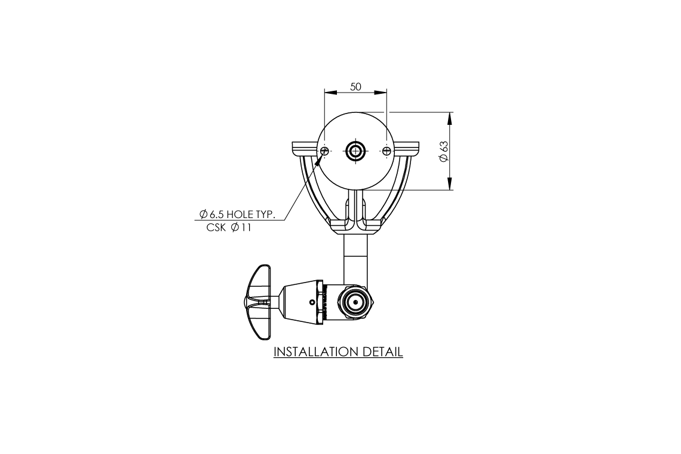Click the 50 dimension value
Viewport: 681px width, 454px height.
tap(355, 87)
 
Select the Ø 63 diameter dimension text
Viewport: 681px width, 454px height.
tap(443, 151)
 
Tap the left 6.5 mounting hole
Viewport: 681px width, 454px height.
tap(325, 150)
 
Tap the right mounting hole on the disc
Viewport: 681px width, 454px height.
tap(386, 150)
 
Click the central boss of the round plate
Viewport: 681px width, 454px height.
tap(356, 150)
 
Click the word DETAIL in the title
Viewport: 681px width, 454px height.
tap(383, 352)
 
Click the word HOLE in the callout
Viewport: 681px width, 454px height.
tap(232, 214)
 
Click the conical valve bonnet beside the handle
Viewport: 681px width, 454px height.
tap(302, 302)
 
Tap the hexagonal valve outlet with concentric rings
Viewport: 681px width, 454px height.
tap(356, 303)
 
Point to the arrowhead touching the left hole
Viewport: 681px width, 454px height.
tap(323, 154)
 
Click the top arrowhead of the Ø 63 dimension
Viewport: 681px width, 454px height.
tap(449, 117)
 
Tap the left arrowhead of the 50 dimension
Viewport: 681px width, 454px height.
tap(330, 93)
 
